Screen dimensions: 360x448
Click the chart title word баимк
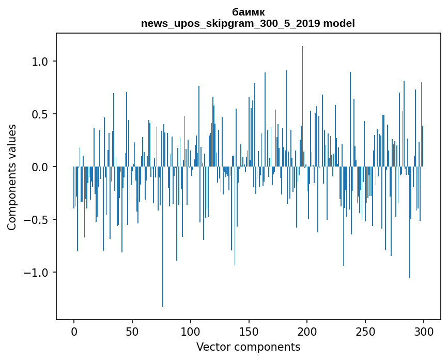click(248, 12)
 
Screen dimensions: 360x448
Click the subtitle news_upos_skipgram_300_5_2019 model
click(248, 23)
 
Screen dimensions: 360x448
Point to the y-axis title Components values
click(12, 177)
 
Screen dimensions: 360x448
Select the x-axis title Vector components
click(248, 347)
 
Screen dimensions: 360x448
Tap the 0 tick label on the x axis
click(74, 331)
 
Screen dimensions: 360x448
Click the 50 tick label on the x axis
click(132, 331)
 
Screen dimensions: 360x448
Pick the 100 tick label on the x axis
click(191, 331)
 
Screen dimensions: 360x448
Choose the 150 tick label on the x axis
click(249, 331)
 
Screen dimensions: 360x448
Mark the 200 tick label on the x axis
click(307, 331)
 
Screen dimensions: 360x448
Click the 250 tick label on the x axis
click(365, 331)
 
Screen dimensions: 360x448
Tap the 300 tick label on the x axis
click(424, 331)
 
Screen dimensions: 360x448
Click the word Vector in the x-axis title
click(212, 347)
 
